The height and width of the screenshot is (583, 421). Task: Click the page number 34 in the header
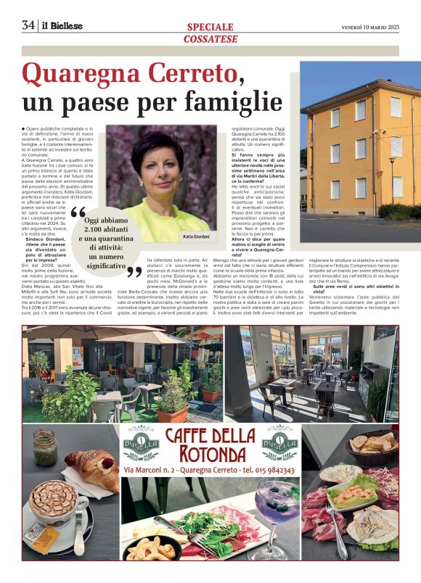tap(29, 25)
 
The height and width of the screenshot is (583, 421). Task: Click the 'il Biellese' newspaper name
tap(62, 26)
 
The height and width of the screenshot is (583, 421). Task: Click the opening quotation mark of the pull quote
tap(78, 215)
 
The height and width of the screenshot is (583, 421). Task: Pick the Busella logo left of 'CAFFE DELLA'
tap(140, 442)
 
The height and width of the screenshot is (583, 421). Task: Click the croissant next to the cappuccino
tap(92, 467)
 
